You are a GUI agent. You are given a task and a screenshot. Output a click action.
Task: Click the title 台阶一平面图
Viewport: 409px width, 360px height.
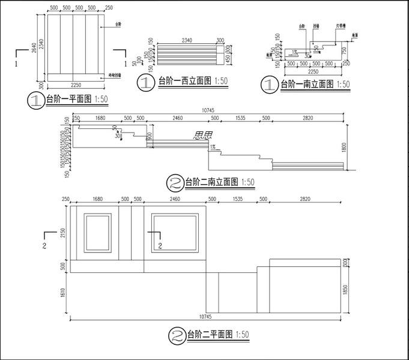tap(69, 100)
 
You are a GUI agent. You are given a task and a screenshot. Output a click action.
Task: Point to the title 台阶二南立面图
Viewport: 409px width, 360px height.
tap(211, 181)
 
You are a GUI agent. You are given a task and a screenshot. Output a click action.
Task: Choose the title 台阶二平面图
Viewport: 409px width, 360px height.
tap(208, 334)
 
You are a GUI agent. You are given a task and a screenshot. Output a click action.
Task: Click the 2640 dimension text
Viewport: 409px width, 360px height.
tap(35, 47)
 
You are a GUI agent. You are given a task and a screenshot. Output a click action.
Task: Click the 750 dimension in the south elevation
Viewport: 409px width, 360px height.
tap(345, 50)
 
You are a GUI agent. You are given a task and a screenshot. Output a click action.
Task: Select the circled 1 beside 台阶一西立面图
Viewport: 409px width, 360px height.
tap(146, 82)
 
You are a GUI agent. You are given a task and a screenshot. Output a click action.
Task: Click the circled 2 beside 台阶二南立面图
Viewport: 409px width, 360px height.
tap(175, 182)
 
